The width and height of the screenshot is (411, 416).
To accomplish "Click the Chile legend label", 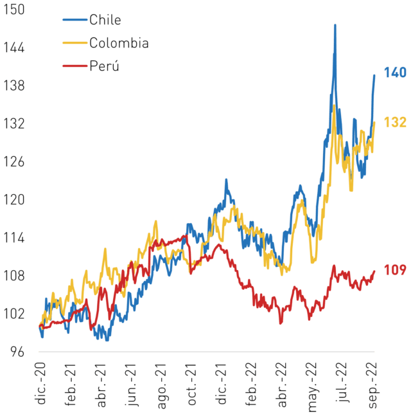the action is point(105,20).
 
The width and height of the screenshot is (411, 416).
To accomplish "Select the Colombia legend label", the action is point(119,42).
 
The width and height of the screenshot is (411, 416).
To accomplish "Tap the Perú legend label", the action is point(104,66).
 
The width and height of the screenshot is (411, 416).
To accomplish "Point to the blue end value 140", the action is point(395,73).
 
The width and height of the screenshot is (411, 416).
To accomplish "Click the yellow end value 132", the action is point(395,122).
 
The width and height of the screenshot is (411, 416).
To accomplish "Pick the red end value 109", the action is point(395,270).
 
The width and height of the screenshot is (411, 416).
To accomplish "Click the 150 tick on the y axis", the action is point(13,9).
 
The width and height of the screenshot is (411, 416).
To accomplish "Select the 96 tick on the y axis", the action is point(17,352).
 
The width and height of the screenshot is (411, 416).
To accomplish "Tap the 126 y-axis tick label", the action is point(13,161).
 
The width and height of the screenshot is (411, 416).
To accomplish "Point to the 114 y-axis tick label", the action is point(13,238).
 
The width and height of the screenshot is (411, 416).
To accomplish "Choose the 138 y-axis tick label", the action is point(13,86).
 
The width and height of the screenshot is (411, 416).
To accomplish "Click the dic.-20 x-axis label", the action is point(40,383).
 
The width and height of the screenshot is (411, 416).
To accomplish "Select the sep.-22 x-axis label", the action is point(372,385).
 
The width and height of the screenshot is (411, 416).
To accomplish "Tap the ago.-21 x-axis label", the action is point(162,386).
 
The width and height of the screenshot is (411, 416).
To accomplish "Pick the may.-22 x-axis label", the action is point(312,387).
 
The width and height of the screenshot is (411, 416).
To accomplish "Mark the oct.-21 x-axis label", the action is point(192,384).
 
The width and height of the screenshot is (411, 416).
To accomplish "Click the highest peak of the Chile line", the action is point(335,25).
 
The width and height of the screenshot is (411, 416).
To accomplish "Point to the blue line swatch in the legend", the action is point(75,20).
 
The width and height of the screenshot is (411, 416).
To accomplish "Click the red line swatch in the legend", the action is point(75,66).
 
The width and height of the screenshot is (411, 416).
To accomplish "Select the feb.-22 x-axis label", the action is point(251,384).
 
